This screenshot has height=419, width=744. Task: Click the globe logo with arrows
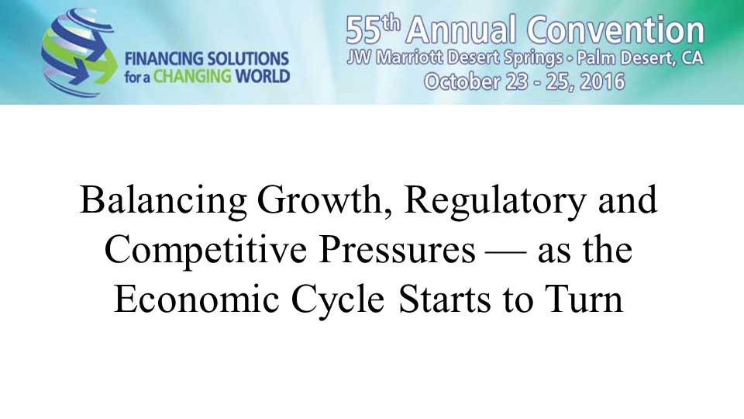click(x=79, y=52)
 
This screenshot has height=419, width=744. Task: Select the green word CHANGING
click(x=192, y=77)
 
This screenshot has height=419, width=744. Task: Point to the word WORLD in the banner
click(x=262, y=77)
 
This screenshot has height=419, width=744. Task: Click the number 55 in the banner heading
click(x=363, y=30)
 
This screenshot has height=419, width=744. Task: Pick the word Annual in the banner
click(x=461, y=29)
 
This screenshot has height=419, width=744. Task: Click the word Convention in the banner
click(x=615, y=29)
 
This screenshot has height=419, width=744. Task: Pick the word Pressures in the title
click(x=397, y=251)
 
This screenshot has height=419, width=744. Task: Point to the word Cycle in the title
click(x=337, y=300)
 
